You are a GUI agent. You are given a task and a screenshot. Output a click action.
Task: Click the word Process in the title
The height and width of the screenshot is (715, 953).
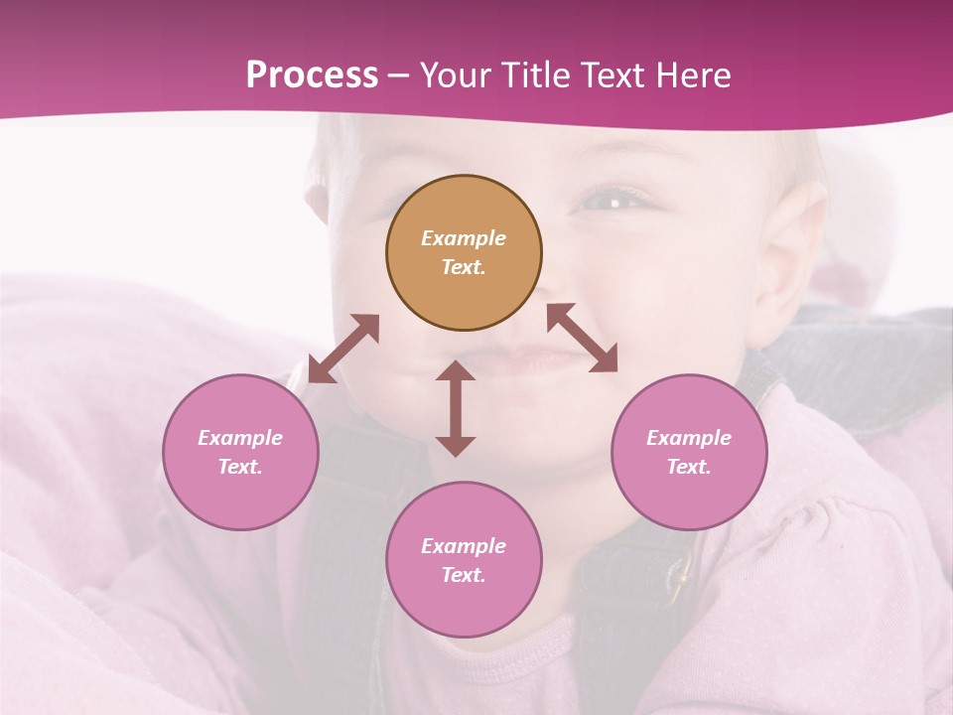click(x=312, y=75)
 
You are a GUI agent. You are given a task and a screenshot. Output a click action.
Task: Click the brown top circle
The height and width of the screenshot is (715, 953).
click(x=464, y=253)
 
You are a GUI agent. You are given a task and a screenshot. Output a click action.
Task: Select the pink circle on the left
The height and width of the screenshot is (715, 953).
click(x=240, y=452)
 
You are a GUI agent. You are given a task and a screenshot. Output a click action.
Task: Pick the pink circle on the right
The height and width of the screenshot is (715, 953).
click(x=689, y=452)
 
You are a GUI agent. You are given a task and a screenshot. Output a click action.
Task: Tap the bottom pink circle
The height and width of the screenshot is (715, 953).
click(x=464, y=559)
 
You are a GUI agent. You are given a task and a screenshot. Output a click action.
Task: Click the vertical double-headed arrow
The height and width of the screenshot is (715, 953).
click(x=456, y=408)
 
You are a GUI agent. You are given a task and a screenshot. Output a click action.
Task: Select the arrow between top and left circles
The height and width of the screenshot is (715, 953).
click(x=343, y=349)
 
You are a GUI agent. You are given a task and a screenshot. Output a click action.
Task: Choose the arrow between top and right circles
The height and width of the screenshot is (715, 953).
click(x=582, y=338)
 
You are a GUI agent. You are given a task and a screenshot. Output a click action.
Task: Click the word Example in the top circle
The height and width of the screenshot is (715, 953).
click(x=464, y=238)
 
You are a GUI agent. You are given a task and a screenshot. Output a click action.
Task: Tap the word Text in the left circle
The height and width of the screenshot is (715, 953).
click(x=240, y=467)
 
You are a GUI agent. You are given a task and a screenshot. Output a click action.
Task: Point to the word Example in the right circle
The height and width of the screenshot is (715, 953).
click(x=689, y=438)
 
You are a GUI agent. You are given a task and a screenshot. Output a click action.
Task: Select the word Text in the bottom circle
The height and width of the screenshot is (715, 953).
click(x=464, y=575)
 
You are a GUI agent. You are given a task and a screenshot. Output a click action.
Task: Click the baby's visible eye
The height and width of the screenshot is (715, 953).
click(x=613, y=201)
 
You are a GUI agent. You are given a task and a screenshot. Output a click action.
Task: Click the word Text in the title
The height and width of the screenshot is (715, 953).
click(x=611, y=75)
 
